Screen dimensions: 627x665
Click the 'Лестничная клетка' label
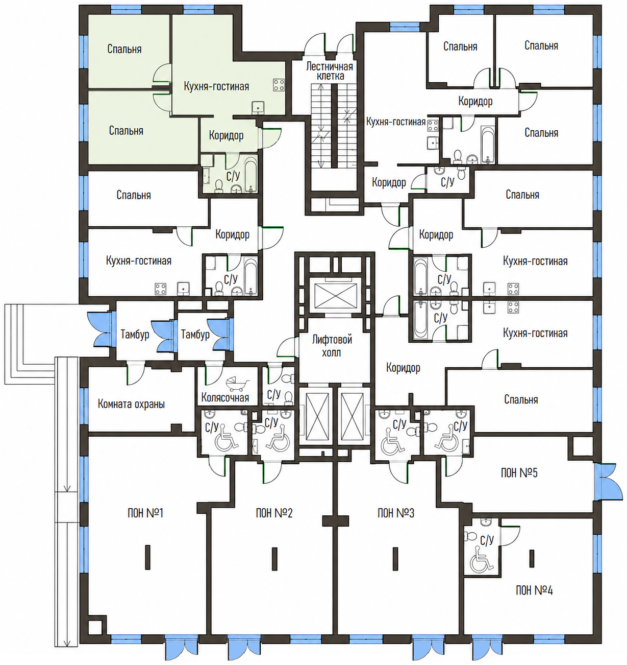pyautogui.click(x=330, y=71)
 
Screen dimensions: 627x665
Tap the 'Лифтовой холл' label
pyautogui.click(x=332, y=346)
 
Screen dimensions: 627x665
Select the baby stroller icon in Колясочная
pyautogui.click(x=238, y=385)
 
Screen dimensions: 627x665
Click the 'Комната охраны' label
pyautogui.click(x=131, y=404)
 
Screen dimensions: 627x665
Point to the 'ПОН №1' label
pyautogui.click(x=145, y=513)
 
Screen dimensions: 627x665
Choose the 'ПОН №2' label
pyautogui.click(x=274, y=513)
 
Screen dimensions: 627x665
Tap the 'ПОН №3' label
pyautogui.click(x=396, y=513)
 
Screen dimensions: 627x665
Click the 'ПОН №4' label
pyautogui.click(x=534, y=590)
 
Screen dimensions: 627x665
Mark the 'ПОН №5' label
pyautogui.click(x=519, y=473)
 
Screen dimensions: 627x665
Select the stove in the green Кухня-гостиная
pyautogui.click(x=279, y=85)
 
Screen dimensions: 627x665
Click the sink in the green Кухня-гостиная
pyautogui.click(x=258, y=107)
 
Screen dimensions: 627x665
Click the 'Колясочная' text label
pyautogui.click(x=225, y=397)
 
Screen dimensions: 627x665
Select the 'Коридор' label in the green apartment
pyautogui.click(x=226, y=136)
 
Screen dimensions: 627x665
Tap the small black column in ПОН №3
pyautogui.click(x=395, y=559)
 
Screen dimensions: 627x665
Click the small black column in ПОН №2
pyautogui.click(x=274, y=559)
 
